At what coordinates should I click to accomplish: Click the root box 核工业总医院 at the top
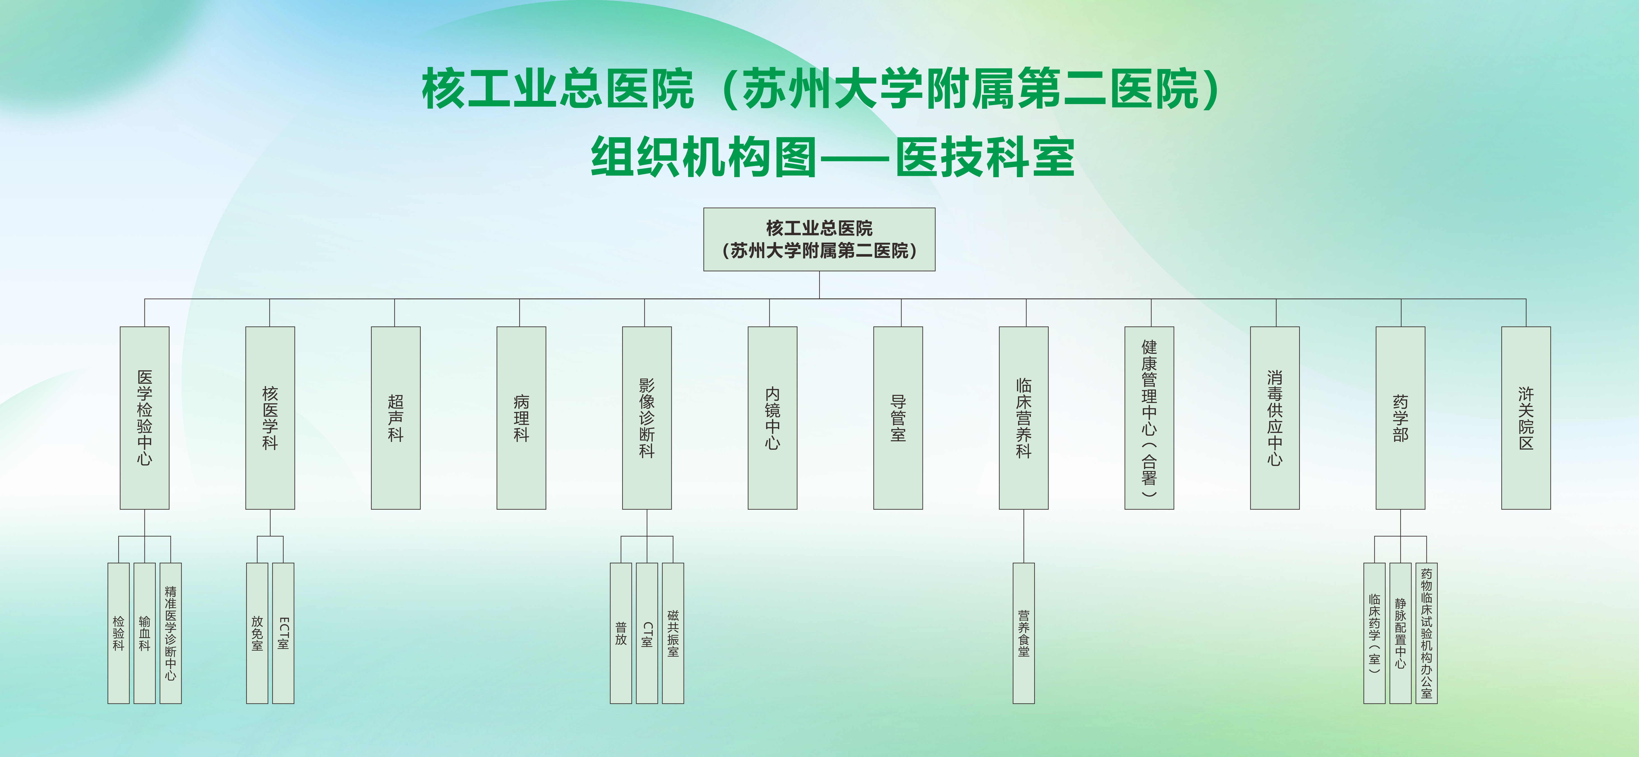tap(819, 239)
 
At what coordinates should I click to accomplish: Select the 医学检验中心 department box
tap(144, 418)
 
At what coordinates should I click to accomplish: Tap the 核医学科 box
tap(270, 418)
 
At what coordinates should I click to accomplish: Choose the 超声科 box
tap(395, 418)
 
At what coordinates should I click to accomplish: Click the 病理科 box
tap(521, 418)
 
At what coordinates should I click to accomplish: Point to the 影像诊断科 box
tap(647, 418)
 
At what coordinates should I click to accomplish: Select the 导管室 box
tap(898, 418)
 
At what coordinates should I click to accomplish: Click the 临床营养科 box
tap(1023, 418)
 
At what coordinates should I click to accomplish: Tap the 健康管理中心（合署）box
tap(1149, 418)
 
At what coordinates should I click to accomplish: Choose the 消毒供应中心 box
tap(1274, 418)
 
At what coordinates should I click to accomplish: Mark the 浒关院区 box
tap(1526, 418)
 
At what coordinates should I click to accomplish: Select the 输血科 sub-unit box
tap(144, 633)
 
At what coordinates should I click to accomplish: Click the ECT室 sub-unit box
tap(283, 633)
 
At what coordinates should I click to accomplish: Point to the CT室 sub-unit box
tap(647, 633)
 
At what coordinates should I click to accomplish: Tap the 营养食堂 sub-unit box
tap(1023, 633)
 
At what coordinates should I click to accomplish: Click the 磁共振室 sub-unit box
tap(672, 633)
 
